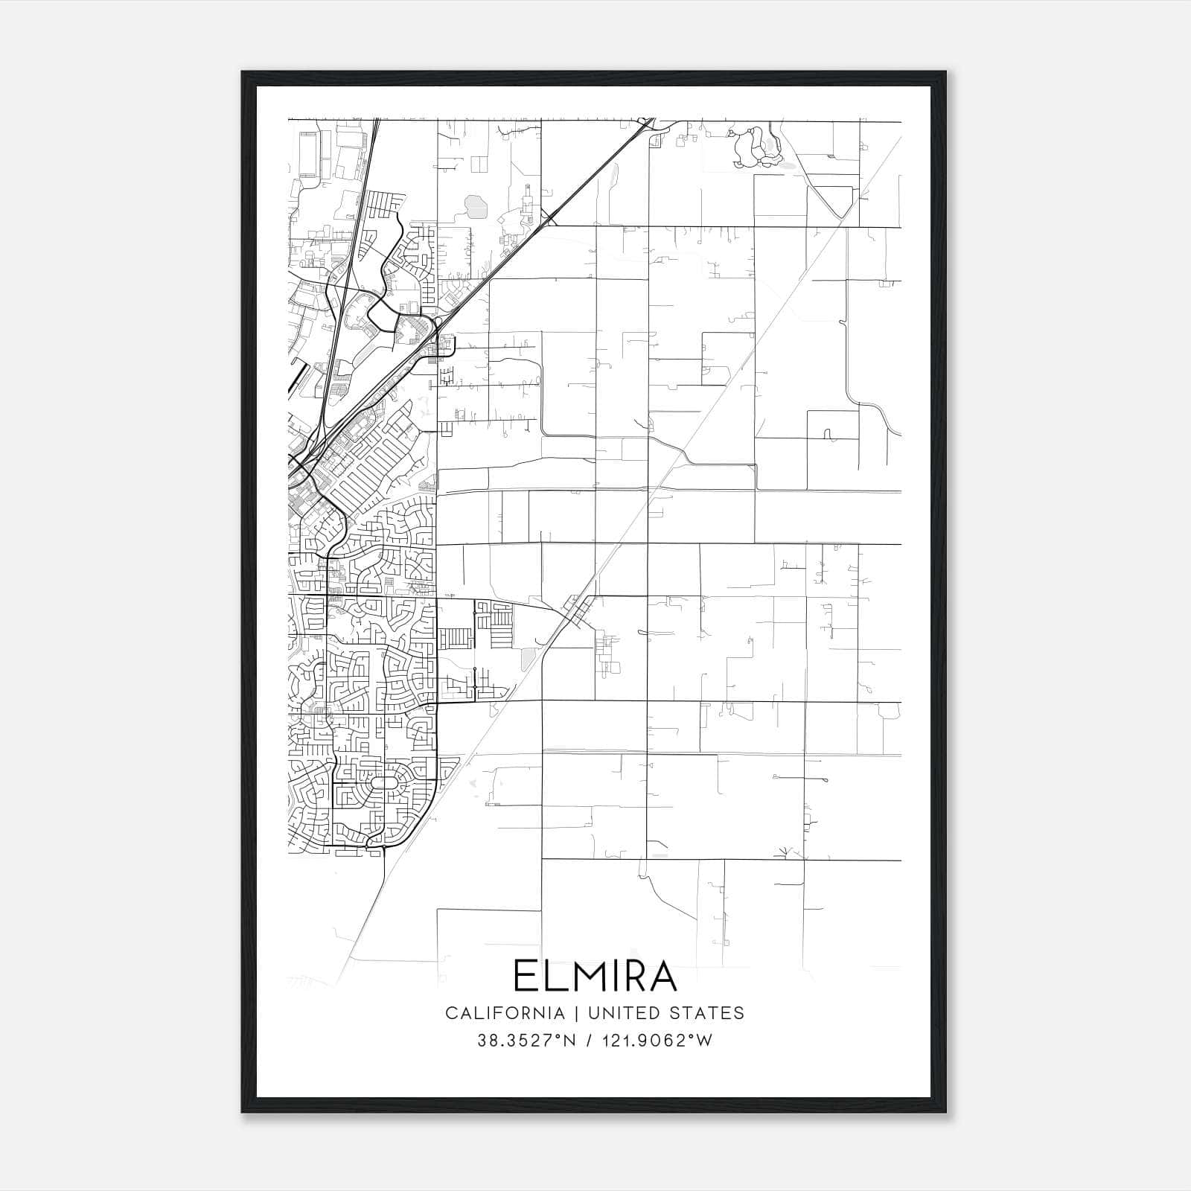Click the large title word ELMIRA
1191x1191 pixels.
coord(595,976)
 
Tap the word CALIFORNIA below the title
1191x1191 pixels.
coord(505,1013)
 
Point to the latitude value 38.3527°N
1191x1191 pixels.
coord(527,1041)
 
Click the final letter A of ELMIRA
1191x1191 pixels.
coord(660,976)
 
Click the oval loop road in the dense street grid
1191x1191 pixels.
coord(383,783)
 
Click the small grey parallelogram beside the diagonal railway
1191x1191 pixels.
coord(528,657)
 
